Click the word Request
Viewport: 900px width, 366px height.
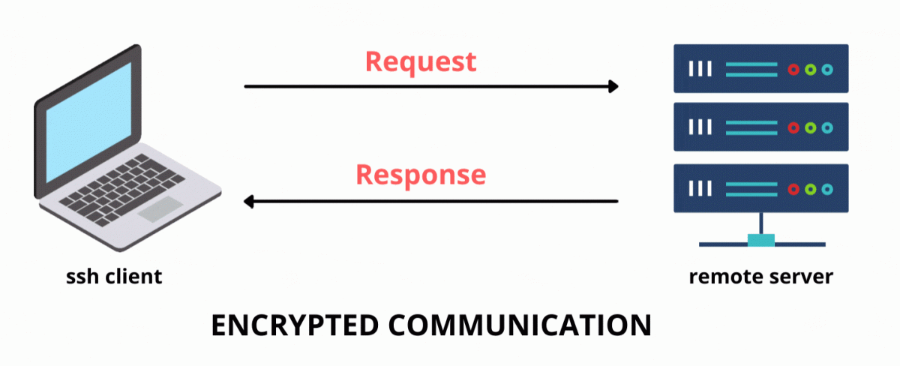pyautogui.click(x=421, y=61)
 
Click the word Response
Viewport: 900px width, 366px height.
pyautogui.click(x=421, y=174)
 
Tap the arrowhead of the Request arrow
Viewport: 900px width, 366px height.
pyautogui.click(x=613, y=86)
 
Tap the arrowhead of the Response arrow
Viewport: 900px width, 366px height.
pyautogui.click(x=250, y=201)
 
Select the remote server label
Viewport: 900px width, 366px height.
pyautogui.click(x=760, y=277)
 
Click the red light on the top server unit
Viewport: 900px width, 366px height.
pyautogui.click(x=793, y=69)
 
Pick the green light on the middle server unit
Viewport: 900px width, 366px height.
pyautogui.click(x=810, y=127)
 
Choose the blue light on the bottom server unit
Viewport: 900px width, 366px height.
pyautogui.click(x=827, y=187)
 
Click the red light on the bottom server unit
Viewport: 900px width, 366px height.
pyautogui.click(x=793, y=187)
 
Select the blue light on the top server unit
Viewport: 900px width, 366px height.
pyautogui.click(x=827, y=69)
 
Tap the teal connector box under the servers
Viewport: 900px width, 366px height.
pyautogui.click(x=761, y=240)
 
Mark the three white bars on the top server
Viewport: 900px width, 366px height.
pyautogui.click(x=700, y=69)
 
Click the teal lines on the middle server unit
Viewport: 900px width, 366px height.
pyautogui.click(x=751, y=127)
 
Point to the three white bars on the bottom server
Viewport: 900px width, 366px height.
pyautogui.click(x=700, y=187)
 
